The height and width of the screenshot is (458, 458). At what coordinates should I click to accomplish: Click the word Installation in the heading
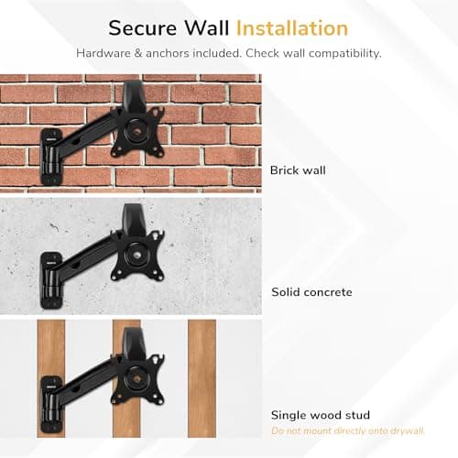coord(292,28)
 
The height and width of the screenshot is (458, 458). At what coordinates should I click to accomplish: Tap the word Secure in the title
coord(143,28)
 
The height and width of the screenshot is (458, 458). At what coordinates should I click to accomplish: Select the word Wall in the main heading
coord(207,28)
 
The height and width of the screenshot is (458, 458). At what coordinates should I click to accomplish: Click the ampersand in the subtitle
coord(138,53)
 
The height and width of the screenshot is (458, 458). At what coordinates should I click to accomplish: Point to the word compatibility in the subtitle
coord(344,54)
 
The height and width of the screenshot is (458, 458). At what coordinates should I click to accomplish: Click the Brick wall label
coord(298,170)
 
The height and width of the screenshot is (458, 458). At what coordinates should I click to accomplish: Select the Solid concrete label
coord(311,292)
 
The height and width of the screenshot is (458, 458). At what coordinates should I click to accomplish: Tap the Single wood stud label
coord(321,415)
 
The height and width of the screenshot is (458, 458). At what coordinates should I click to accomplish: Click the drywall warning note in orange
coord(348,431)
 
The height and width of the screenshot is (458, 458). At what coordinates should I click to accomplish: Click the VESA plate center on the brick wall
coord(136,132)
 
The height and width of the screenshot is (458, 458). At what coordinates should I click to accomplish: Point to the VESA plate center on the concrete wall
coord(136,256)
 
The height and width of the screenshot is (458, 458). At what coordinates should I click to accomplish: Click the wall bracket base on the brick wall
coord(51,157)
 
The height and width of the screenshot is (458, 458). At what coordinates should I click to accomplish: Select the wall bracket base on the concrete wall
coord(51,280)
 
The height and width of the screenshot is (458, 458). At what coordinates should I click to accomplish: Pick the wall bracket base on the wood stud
coord(51,404)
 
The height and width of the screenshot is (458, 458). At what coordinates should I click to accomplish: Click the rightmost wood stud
coord(202,378)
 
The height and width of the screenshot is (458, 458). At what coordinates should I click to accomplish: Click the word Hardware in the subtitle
coord(104,53)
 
